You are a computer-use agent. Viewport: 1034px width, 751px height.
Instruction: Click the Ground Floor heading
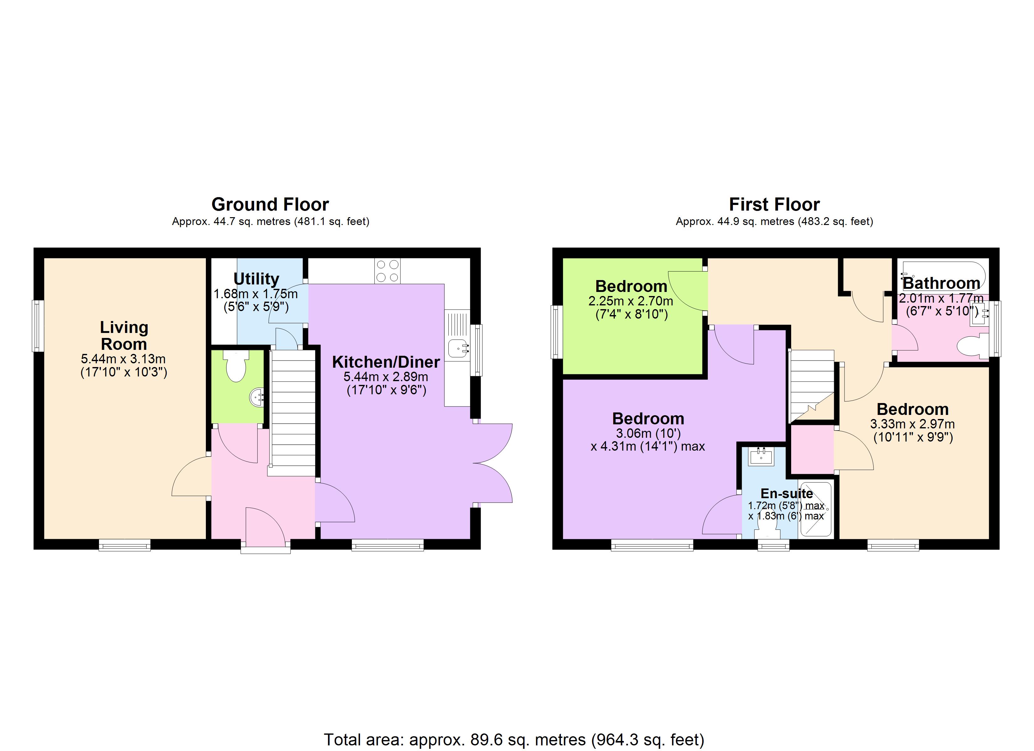pyautogui.click(x=270, y=204)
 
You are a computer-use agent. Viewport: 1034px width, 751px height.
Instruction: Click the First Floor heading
pyautogui.click(x=774, y=204)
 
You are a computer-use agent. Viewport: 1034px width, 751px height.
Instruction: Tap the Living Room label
pyautogui.click(x=124, y=336)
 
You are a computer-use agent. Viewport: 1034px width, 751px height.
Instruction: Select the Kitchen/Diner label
pyautogui.click(x=386, y=362)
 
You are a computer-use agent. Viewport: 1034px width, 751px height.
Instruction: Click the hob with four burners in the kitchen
pyautogui.click(x=388, y=271)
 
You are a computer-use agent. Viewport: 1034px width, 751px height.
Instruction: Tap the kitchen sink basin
pyautogui.click(x=458, y=349)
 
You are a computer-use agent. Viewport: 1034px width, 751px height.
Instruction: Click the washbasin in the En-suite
pyautogui.click(x=761, y=457)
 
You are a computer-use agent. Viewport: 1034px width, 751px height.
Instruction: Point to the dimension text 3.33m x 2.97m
pyautogui.click(x=912, y=424)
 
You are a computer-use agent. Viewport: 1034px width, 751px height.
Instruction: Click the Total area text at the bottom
pyautogui.click(x=514, y=740)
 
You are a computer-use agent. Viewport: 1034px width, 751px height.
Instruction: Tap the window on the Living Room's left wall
pyautogui.click(x=38, y=326)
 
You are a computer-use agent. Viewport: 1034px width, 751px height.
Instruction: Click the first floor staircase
pyautogui.click(x=812, y=385)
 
